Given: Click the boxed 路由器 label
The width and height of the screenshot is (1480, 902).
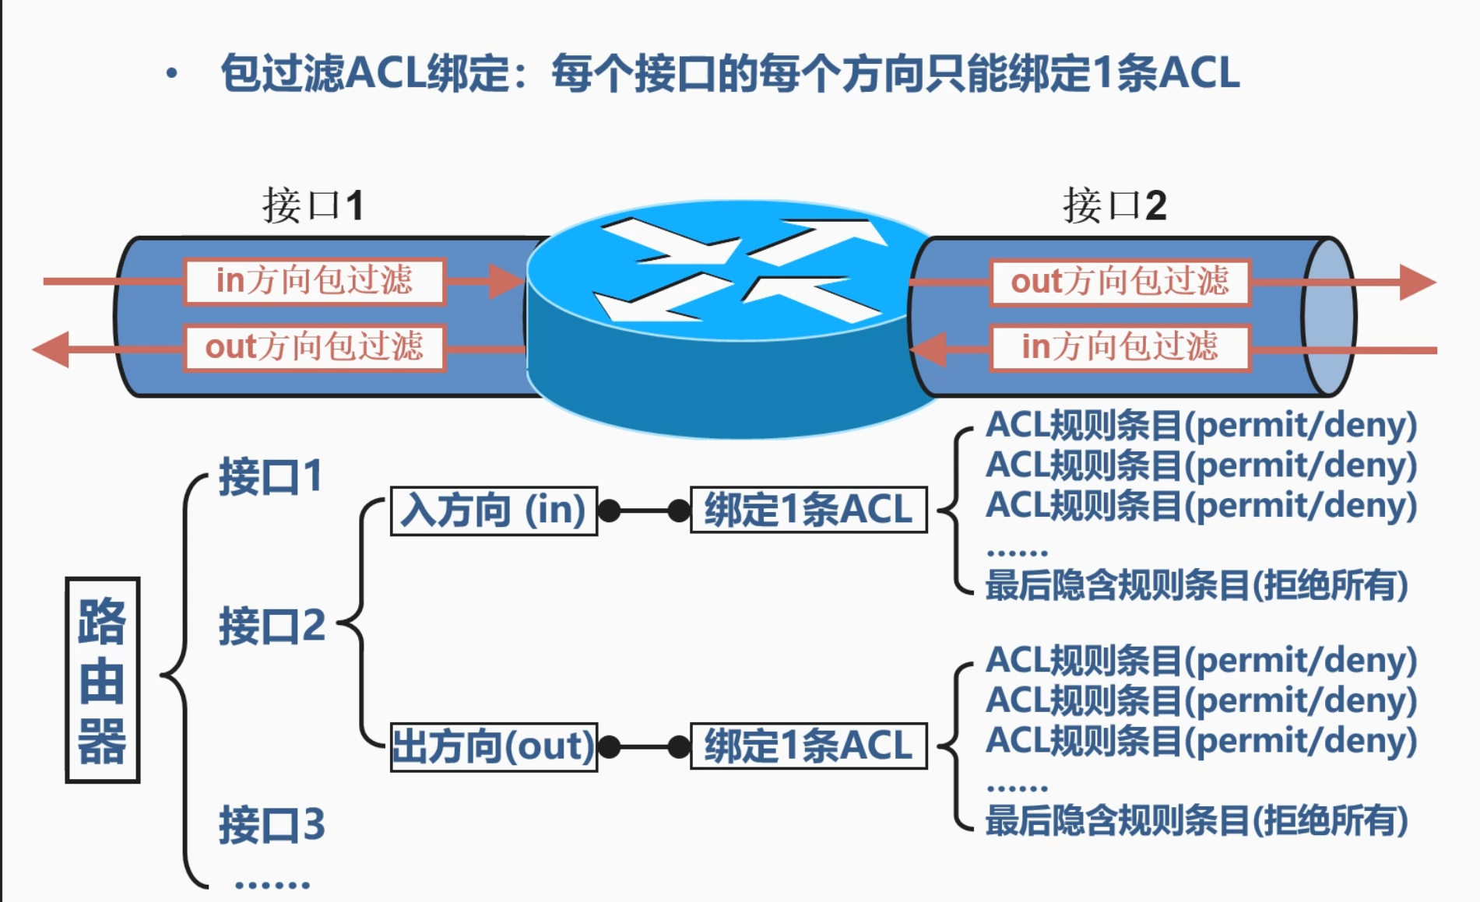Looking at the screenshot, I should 102,680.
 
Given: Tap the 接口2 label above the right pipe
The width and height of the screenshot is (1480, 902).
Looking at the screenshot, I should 1114,205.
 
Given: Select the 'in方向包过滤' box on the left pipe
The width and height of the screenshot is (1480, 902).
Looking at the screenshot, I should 315,281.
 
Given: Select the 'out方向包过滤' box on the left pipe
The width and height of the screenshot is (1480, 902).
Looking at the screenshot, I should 315,347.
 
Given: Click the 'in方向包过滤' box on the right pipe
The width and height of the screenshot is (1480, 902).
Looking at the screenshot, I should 1120,347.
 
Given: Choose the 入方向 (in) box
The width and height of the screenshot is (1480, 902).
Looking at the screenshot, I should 494,511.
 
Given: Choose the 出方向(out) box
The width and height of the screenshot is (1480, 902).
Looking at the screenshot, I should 494,747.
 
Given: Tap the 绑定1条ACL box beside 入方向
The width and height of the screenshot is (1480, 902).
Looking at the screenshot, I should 808,511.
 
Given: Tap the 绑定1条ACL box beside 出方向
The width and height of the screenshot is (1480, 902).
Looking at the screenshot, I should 808,746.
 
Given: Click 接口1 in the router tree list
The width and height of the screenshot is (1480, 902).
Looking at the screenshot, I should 270,476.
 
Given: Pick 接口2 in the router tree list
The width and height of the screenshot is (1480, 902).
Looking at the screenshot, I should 272,626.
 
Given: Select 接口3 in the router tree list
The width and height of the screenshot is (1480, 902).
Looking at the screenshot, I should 272,825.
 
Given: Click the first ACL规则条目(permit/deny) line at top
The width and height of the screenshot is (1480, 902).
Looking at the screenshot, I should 1200,425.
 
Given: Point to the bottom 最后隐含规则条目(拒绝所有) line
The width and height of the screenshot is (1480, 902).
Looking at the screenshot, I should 1196,821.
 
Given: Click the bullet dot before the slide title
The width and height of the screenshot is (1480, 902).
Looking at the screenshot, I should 172,74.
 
